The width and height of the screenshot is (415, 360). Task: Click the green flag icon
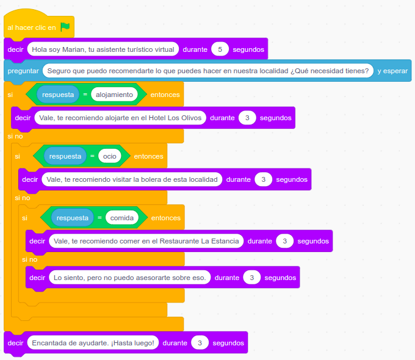pos(65,27)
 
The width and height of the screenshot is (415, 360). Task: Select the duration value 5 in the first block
pos(220,49)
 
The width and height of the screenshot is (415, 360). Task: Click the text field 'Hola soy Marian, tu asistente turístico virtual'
pos(103,49)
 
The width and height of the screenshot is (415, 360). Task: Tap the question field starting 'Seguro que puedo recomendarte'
pos(208,71)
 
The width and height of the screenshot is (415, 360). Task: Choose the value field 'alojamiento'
pos(114,95)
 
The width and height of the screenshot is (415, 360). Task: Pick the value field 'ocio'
pos(110,156)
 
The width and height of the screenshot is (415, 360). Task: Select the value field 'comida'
pos(121,217)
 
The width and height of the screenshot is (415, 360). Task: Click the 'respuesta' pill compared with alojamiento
pos(58,95)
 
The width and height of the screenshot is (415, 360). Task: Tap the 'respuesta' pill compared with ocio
pos(65,156)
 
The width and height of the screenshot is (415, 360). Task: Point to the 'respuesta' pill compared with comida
pos(73,217)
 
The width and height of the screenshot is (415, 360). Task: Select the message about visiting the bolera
pos(131,179)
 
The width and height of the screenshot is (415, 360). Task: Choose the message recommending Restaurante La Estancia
pos(146,241)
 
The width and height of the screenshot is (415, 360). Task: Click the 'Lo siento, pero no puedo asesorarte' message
pos(129,278)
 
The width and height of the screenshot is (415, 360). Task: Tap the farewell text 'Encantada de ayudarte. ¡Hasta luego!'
pos(92,343)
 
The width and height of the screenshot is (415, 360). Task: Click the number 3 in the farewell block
pos(200,343)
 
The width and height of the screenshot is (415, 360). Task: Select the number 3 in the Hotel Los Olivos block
pos(247,118)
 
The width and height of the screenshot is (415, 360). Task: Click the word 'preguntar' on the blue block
pos(23,71)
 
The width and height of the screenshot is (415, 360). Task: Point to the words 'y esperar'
pos(392,71)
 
